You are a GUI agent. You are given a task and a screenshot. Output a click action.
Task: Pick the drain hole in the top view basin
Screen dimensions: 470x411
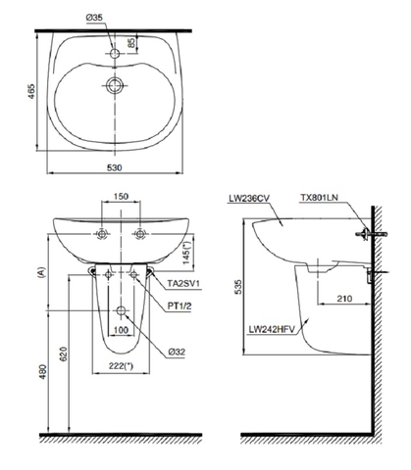(x=117, y=85)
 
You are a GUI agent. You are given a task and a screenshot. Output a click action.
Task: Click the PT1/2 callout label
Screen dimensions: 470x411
(x=180, y=305)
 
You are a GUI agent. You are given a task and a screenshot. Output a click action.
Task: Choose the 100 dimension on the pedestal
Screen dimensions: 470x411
(x=122, y=329)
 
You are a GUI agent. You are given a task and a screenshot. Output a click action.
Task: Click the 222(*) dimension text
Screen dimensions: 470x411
(x=122, y=366)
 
